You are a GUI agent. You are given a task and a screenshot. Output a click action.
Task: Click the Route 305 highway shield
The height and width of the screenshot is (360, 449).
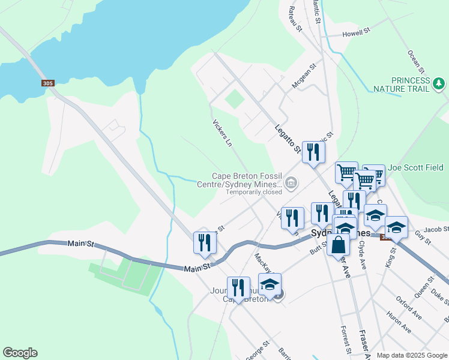48,83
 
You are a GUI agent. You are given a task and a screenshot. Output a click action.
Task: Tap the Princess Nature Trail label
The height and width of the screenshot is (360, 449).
411,85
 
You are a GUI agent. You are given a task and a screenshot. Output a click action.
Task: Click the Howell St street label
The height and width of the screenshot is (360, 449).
357,31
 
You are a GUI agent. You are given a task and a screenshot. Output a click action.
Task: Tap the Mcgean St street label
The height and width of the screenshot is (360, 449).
304,77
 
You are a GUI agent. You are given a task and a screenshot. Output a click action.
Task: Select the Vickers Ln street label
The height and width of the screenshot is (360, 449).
221,132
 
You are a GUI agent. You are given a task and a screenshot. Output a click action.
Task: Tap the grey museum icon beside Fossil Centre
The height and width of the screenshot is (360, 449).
291,183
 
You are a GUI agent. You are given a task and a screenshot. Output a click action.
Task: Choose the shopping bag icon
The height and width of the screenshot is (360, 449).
339,245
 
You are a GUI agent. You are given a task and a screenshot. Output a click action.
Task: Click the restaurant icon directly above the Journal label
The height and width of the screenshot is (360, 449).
238,288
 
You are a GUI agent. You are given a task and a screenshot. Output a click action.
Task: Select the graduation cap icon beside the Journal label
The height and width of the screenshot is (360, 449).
270,284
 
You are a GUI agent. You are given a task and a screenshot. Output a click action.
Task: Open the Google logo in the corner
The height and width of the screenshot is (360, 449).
20,353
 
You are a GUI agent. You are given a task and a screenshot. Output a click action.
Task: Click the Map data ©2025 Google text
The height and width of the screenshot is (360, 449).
411,355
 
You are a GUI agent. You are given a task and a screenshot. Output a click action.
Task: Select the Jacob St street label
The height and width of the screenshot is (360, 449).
436,229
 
